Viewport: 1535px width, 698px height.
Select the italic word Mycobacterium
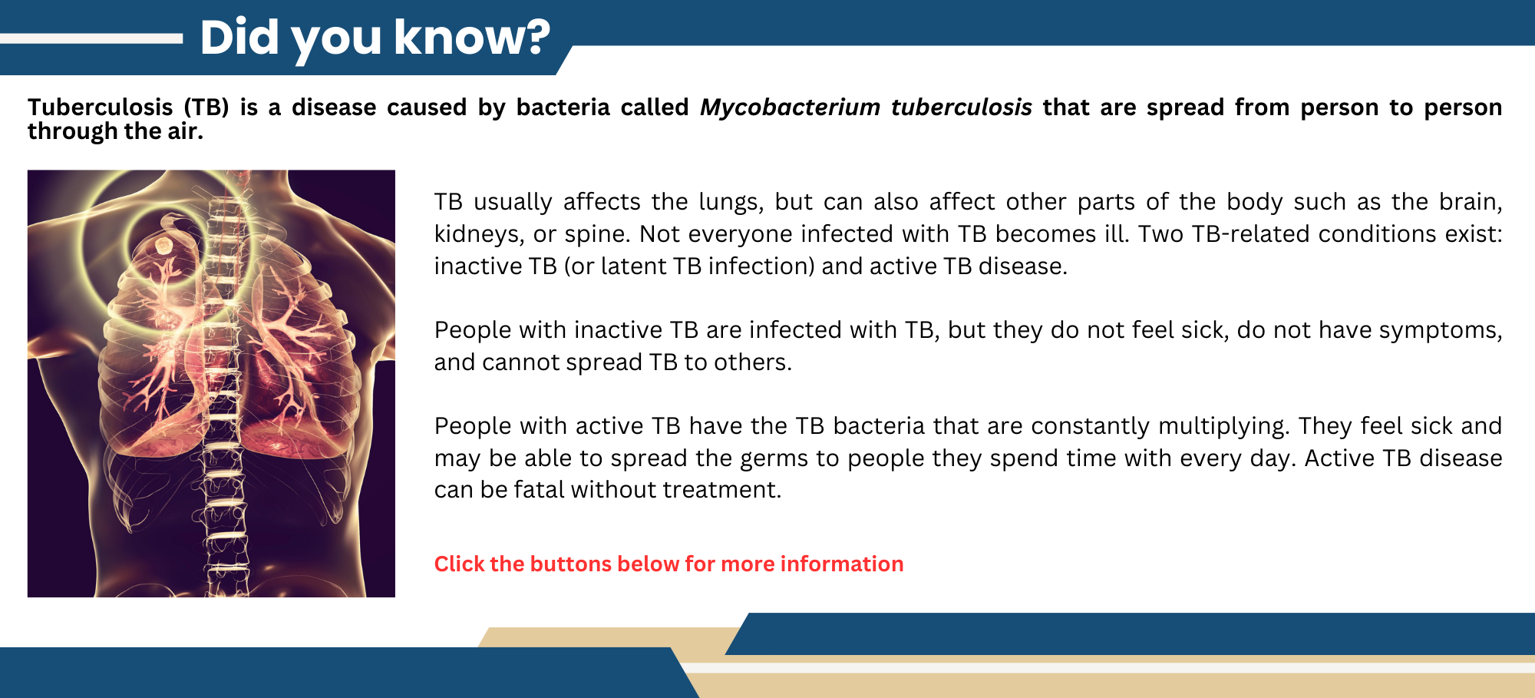[790, 107]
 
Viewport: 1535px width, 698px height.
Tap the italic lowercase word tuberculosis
[961, 107]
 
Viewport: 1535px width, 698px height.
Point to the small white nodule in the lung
[163, 246]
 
